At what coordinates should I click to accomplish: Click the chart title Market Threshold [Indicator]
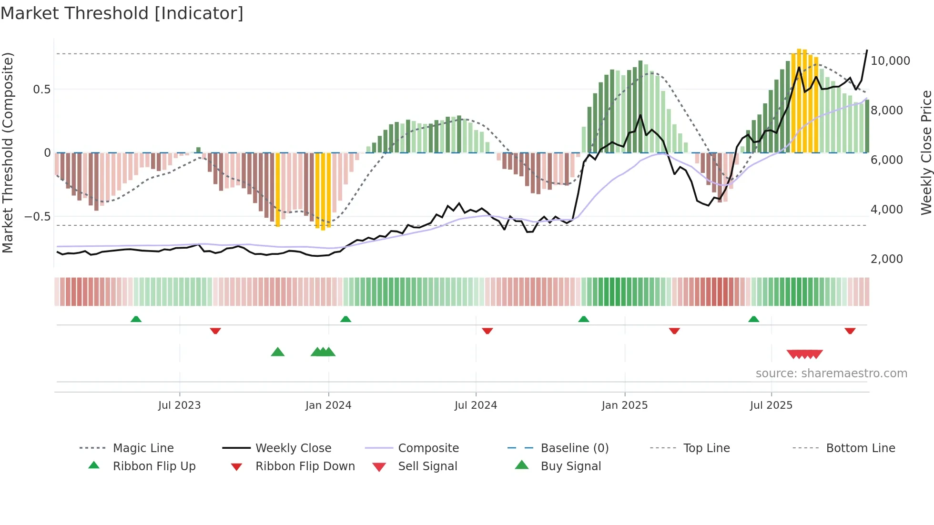[x=122, y=13]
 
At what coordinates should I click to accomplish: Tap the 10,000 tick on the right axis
[x=890, y=61]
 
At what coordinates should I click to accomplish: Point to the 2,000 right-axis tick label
[x=886, y=259]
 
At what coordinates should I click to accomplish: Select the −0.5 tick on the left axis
[x=38, y=217]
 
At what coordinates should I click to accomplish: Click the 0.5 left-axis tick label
[x=41, y=90]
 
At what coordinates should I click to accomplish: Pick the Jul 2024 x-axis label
[x=476, y=405]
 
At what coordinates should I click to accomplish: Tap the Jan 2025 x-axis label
[x=624, y=405]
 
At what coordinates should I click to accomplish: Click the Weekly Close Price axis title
[x=926, y=152]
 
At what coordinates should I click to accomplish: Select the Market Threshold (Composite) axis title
[x=8, y=152]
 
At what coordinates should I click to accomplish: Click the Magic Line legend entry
[x=143, y=448]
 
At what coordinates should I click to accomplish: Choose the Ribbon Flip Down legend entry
[x=305, y=466]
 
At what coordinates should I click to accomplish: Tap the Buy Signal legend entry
[x=570, y=466]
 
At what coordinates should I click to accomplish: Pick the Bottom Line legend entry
[x=860, y=448]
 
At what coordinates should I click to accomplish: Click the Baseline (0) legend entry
[x=574, y=448]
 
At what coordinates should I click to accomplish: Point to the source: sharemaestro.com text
[x=831, y=374]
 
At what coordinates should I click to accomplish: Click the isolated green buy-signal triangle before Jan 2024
[x=277, y=353]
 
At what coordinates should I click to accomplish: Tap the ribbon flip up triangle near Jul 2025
[x=753, y=319]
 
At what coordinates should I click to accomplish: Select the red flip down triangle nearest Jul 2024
[x=487, y=331]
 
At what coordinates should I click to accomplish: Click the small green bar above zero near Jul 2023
[x=198, y=150]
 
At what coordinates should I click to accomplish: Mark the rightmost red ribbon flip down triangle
[x=850, y=331]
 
